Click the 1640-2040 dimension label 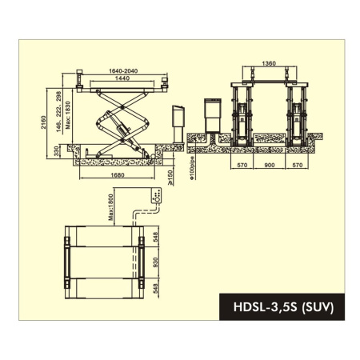coord(121,72)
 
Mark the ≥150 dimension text coord(169,174)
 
